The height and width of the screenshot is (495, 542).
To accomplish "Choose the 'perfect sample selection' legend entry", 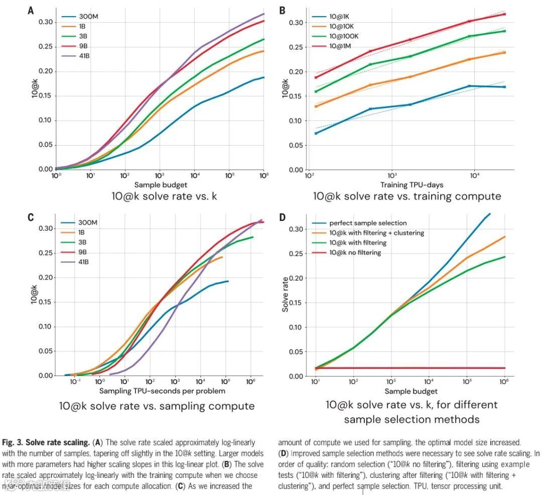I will pyautogui.click(x=367, y=223).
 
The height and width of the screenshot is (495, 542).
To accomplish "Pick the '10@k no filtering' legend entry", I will pyautogui.click(x=355, y=253).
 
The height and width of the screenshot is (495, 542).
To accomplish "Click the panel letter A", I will pyautogui.click(x=31, y=10).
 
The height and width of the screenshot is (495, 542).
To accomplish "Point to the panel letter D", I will pyautogui.click(x=282, y=217).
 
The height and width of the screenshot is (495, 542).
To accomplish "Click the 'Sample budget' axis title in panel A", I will pyautogui.click(x=160, y=185).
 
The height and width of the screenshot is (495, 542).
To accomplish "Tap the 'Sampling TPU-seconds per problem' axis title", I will pyautogui.click(x=162, y=391).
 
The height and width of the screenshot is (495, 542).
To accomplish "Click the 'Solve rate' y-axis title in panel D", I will pyautogui.click(x=285, y=295).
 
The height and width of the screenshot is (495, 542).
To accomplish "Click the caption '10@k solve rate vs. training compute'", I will pyautogui.click(x=407, y=196).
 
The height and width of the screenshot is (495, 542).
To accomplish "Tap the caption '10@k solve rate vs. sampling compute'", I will pyautogui.click(x=157, y=406).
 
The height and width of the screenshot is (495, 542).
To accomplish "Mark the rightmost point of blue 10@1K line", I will pyautogui.click(x=504, y=87).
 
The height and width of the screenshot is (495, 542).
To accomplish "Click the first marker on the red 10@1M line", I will pyautogui.click(x=316, y=77).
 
